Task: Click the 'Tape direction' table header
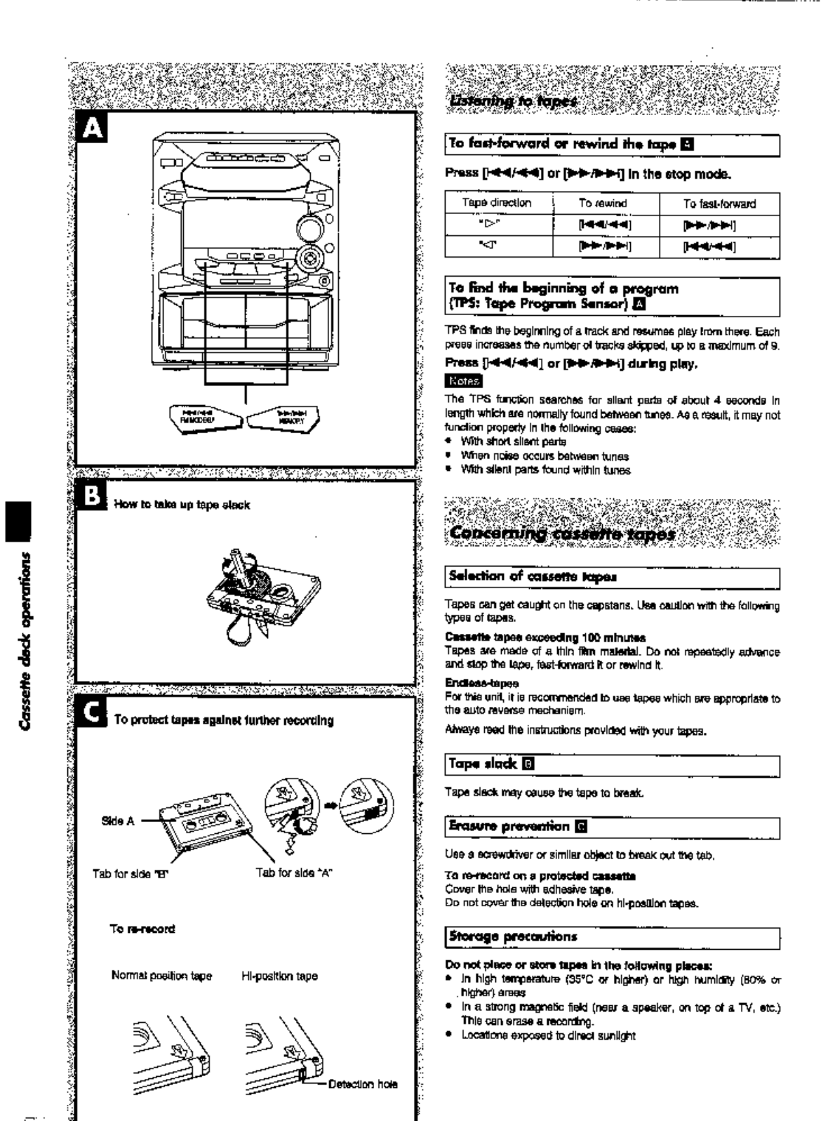[x=497, y=204]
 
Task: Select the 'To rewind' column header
[x=603, y=204]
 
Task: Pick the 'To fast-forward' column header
[x=719, y=204]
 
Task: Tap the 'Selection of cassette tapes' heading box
[x=613, y=577]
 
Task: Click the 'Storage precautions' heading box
[x=613, y=936]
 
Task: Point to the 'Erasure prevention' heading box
[x=613, y=826]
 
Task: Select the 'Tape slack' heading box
[x=613, y=764]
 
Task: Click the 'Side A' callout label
[x=118, y=821]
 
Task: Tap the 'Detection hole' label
[x=363, y=1084]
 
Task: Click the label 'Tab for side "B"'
[x=131, y=873]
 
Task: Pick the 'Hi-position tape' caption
[x=280, y=976]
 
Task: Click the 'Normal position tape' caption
[x=161, y=976]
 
